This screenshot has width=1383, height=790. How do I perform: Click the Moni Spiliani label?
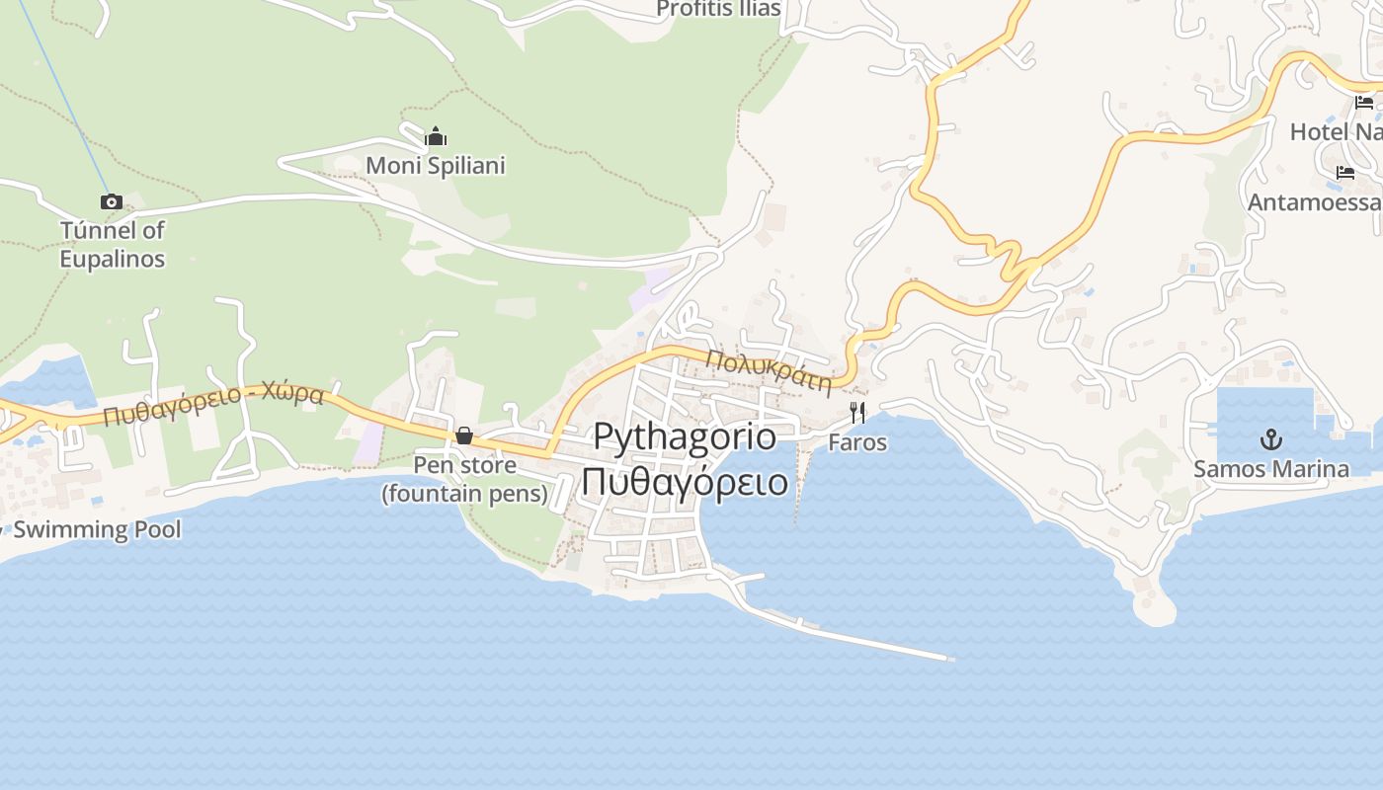click(436, 165)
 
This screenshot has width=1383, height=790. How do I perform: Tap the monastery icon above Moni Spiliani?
click(436, 136)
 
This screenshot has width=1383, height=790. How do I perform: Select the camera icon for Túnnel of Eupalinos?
click(112, 201)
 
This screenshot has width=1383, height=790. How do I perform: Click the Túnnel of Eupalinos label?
click(113, 244)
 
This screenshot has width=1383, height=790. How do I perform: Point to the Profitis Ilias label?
click(718, 9)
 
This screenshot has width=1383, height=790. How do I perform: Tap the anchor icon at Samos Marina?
click(1271, 439)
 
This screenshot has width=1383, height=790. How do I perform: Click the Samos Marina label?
click(1271, 468)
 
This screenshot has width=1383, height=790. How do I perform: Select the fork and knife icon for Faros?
click(857, 412)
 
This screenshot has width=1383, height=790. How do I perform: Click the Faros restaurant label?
click(857, 441)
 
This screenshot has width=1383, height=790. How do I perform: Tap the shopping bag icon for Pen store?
click(463, 435)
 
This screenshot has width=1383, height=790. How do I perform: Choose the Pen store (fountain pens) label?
click(464, 479)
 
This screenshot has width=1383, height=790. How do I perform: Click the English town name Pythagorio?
click(685, 435)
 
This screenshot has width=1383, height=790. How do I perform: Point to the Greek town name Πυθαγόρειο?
click(685, 482)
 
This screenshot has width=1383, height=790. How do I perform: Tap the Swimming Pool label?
click(97, 529)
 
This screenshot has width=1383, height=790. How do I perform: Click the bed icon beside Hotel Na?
click(1364, 102)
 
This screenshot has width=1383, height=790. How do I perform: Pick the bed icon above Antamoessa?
click(1345, 173)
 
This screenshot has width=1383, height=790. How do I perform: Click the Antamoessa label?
click(1315, 202)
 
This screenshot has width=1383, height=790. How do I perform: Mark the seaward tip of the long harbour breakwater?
click(950, 658)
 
